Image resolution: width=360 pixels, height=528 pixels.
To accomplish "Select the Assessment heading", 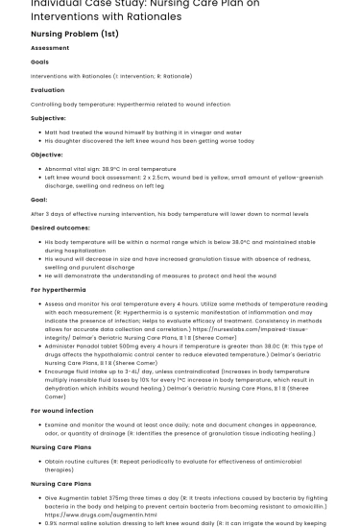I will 50,47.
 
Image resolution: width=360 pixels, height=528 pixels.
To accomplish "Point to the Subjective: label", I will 49,117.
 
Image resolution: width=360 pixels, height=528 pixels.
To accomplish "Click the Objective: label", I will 47,154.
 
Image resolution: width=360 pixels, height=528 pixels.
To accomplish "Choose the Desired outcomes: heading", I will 60,227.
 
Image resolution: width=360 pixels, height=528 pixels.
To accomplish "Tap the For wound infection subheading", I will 62,410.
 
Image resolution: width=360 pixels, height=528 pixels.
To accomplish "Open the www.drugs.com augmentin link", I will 85,514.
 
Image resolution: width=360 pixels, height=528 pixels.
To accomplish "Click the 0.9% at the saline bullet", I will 51,522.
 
